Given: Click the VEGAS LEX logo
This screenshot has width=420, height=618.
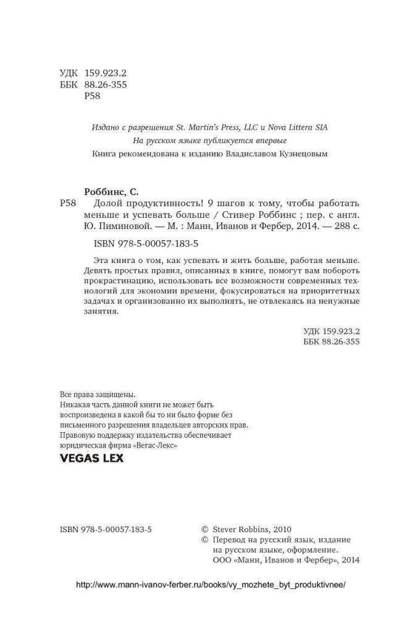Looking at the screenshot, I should (91, 458).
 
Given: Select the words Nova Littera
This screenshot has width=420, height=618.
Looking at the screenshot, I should (285, 128).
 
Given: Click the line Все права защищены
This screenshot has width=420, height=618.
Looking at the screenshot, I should (96, 394).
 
